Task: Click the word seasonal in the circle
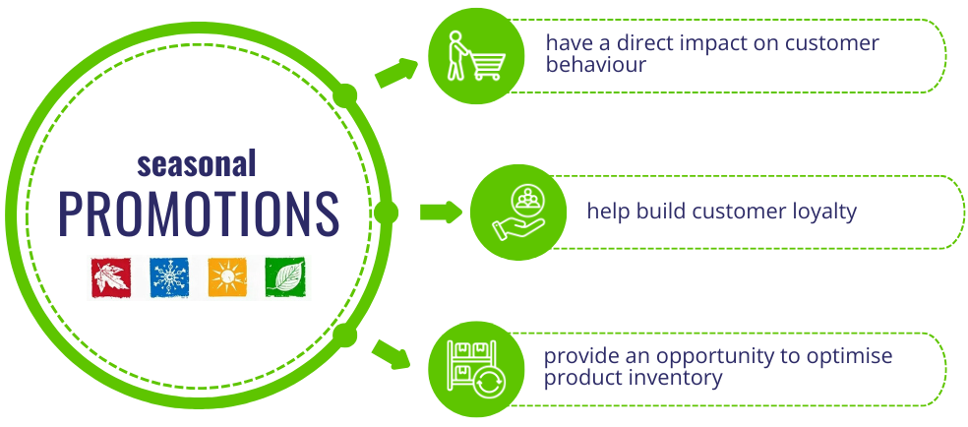click(197, 162)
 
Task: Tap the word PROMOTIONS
click(198, 213)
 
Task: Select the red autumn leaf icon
click(111, 277)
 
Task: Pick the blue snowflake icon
click(168, 277)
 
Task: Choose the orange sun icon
click(226, 277)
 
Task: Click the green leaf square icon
click(284, 277)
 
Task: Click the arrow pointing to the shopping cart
click(395, 71)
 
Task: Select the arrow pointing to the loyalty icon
click(441, 212)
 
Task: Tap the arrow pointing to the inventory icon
click(393, 354)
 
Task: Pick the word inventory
click(681, 378)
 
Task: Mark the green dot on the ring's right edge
click(386, 213)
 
